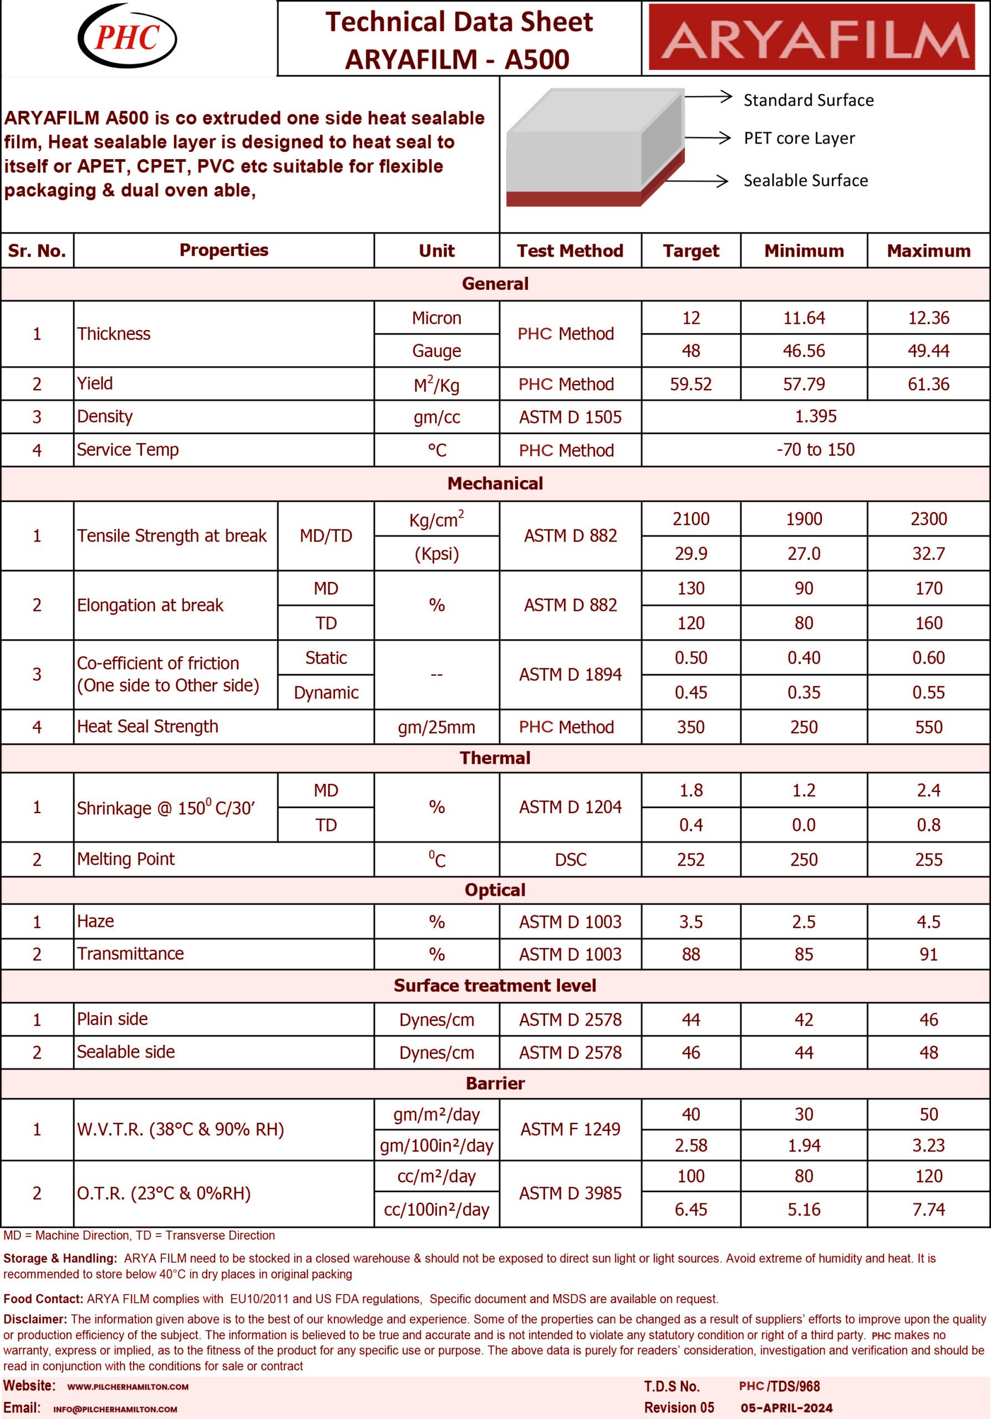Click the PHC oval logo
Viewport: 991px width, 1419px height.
[127, 37]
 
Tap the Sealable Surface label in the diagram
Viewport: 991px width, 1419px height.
[805, 181]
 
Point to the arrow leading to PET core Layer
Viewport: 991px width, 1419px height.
[708, 138]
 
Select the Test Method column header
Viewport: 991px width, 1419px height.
[570, 251]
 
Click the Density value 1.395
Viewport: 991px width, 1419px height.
[815, 416]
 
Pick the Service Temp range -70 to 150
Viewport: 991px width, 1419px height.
[815, 450]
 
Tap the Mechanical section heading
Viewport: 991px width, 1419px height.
[495, 484]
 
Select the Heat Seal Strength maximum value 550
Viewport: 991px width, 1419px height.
[928, 727]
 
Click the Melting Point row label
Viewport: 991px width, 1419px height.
[125, 859]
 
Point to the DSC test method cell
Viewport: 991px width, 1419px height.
[570, 860]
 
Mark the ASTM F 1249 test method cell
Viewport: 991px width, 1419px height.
[570, 1130]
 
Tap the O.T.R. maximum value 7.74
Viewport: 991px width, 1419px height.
[928, 1209]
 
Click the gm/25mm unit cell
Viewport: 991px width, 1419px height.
[436, 727]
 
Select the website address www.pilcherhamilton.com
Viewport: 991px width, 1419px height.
[128, 1387]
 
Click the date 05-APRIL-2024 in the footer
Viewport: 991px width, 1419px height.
[786, 1408]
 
